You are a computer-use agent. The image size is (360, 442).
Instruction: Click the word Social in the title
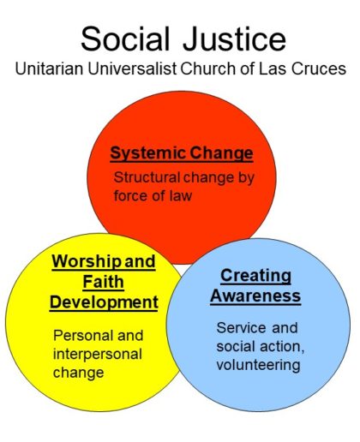(x=126, y=39)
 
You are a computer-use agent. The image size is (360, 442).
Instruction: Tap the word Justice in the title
(x=234, y=39)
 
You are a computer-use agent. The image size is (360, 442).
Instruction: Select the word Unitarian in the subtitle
(x=49, y=69)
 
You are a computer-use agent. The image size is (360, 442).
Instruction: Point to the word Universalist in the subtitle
(x=132, y=69)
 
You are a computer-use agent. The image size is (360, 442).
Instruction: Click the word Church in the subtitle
(x=208, y=69)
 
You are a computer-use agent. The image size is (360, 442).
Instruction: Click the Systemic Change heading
(x=182, y=153)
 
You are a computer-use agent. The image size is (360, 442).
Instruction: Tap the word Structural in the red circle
(x=147, y=177)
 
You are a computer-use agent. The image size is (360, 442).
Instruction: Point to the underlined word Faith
(x=104, y=282)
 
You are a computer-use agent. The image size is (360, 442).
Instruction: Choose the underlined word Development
(x=104, y=302)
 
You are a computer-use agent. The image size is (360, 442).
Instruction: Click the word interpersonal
(x=98, y=355)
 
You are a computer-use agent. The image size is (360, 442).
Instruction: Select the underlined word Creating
(x=255, y=276)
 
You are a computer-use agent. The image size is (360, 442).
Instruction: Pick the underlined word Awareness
(x=255, y=296)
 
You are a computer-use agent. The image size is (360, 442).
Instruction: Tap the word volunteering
(x=258, y=365)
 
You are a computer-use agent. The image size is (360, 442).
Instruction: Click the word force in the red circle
(x=131, y=196)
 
